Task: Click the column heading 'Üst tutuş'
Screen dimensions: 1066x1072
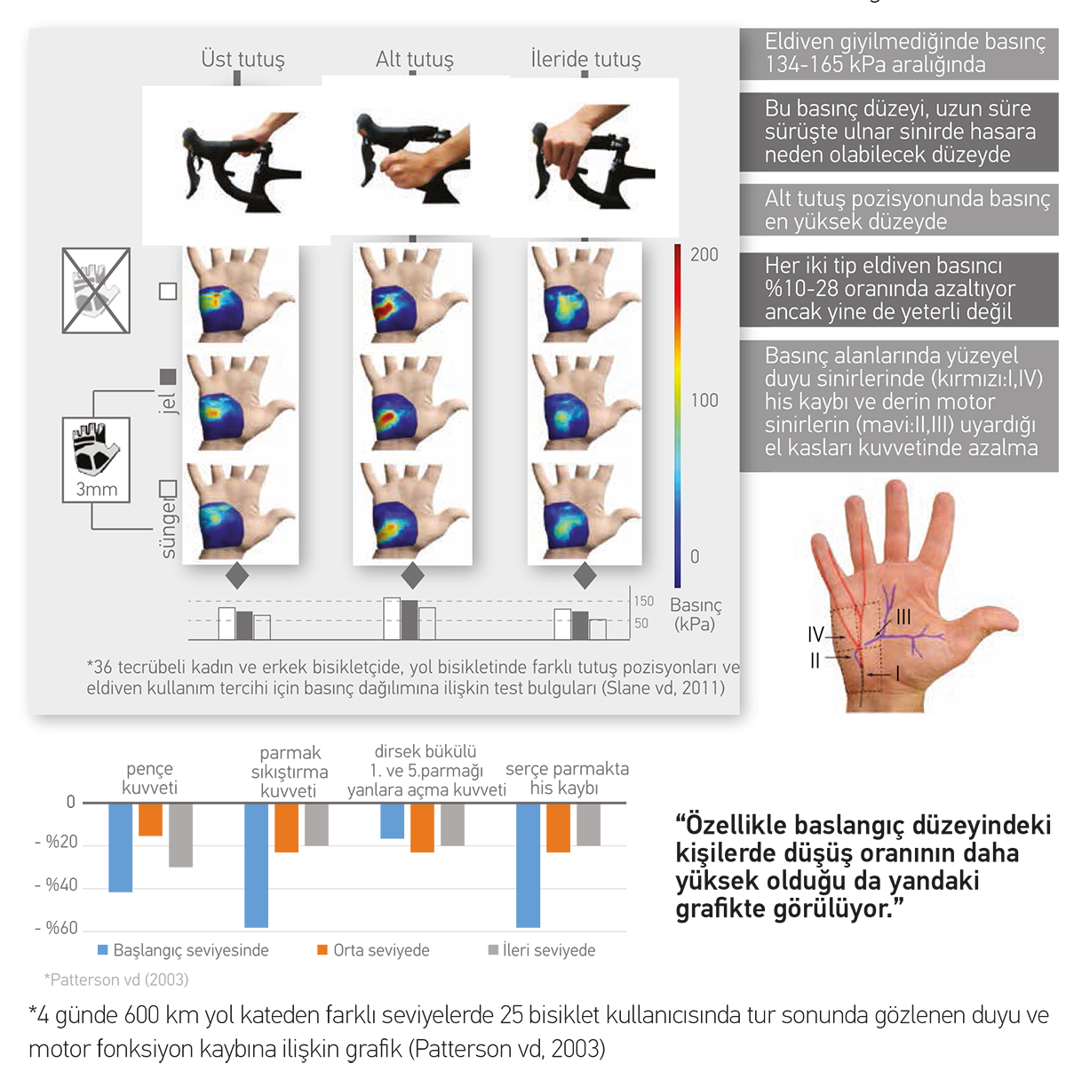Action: (x=243, y=59)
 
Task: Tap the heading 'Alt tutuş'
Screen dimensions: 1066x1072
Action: (x=414, y=59)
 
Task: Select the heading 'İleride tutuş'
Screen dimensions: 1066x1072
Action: (x=585, y=59)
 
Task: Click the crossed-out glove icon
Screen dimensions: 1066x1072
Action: (x=96, y=291)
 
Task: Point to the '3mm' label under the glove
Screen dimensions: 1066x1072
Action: (x=97, y=489)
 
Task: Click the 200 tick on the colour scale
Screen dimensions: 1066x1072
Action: (x=704, y=254)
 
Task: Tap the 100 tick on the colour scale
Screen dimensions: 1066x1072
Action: (x=704, y=400)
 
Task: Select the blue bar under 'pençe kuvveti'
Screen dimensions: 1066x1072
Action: (x=120, y=848)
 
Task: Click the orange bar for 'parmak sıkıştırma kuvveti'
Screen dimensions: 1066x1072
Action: (x=286, y=828)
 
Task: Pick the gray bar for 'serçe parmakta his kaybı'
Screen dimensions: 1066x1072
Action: (x=588, y=824)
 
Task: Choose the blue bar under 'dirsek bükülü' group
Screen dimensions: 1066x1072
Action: (x=392, y=820)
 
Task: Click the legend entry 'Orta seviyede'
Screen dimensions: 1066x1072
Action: (x=373, y=950)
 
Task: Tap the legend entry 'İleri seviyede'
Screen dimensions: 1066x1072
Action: (x=542, y=950)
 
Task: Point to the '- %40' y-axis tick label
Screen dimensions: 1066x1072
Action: (x=56, y=885)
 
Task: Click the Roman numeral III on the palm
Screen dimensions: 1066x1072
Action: (x=903, y=616)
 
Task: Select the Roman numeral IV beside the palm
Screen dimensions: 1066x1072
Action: (x=815, y=634)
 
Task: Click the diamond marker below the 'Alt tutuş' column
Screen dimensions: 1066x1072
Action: (x=412, y=575)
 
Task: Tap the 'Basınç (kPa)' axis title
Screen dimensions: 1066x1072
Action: (x=695, y=614)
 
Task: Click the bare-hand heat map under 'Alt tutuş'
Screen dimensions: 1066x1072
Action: (x=412, y=295)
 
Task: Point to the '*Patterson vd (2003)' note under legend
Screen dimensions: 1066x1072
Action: (x=116, y=980)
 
